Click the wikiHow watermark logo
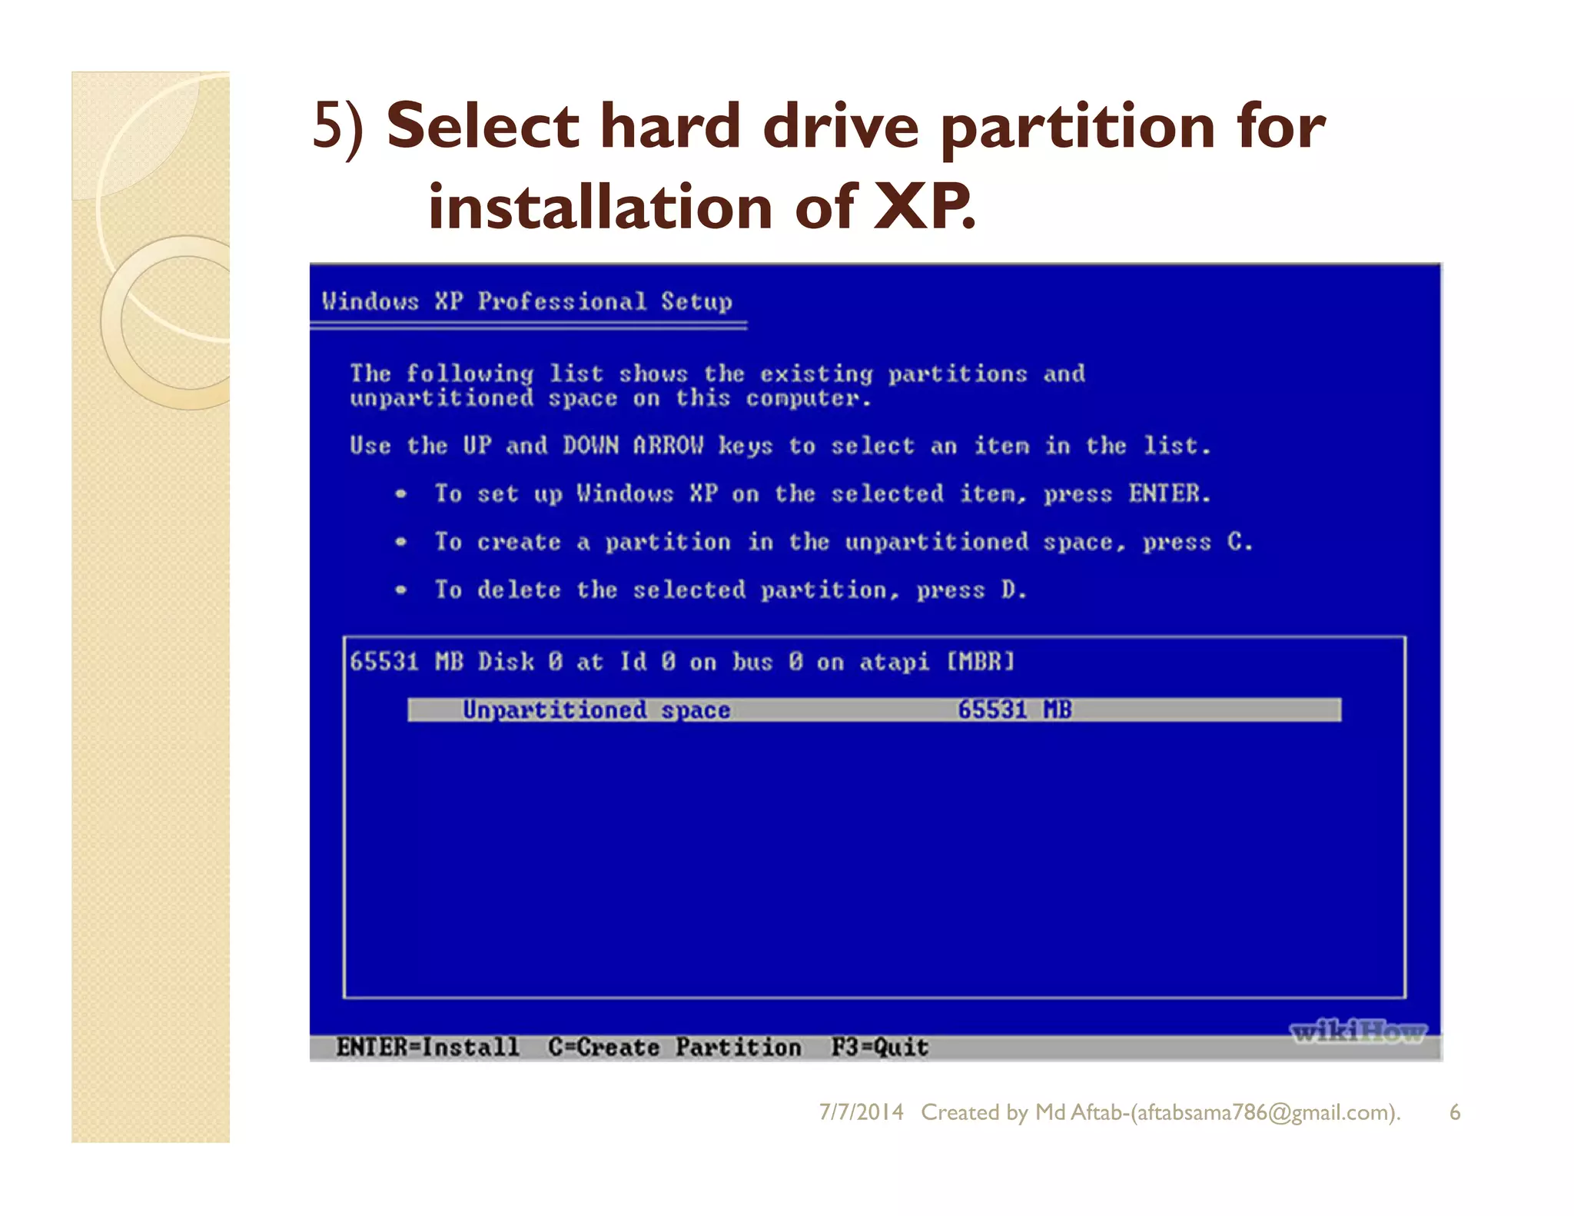point(1358,1032)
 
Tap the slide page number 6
point(1454,1112)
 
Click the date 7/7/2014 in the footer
point(861,1112)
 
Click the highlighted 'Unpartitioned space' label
point(596,709)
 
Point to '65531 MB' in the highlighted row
point(1014,709)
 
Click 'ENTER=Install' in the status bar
point(427,1047)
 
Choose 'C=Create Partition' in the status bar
point(674,1047)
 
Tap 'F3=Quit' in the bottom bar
point(879,1047)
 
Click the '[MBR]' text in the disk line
point(980,662)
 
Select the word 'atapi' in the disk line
point(894,662)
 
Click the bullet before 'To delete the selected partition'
point(400,590)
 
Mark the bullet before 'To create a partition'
point(400,542)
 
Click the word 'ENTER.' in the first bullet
point(1169,493)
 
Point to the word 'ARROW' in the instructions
point(668,446)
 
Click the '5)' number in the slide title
point(338,127)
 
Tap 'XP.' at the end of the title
point(925,208)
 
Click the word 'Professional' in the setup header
point(562,301)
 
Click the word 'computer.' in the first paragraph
point(809,398)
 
